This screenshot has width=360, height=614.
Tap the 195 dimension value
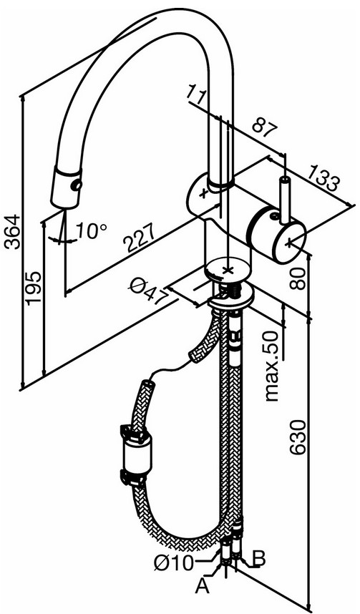pos(34,288)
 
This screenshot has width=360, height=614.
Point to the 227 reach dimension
pos(140,238)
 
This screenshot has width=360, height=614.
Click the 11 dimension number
pos(198,94)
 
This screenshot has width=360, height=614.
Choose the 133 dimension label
pos(322,178)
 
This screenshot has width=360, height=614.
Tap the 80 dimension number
pos(298,278)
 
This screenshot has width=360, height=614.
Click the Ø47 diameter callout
pos(148,290)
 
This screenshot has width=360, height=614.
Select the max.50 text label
pos(271,366)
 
